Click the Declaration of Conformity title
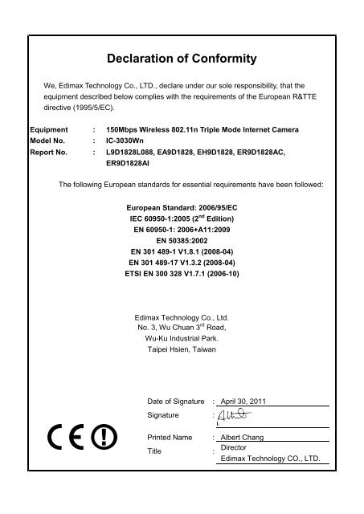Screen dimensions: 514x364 coord(181,58)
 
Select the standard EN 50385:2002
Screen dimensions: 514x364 coord(181,239)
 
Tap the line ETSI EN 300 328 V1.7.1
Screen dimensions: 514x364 coord(181,274)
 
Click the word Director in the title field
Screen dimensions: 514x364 coord(234,447)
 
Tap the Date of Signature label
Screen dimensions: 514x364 coord(175,401)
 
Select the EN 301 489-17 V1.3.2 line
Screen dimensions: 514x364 coord(181,263)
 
